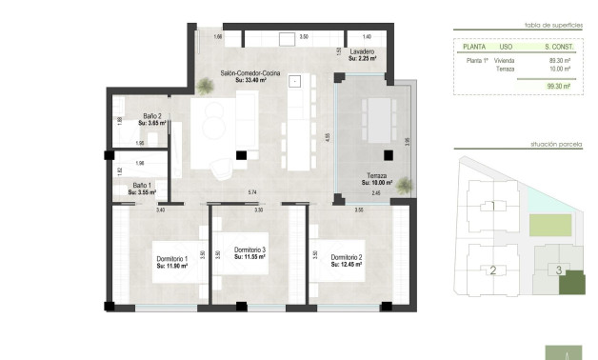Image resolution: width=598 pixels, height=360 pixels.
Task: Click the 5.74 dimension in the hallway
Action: pos(252,193)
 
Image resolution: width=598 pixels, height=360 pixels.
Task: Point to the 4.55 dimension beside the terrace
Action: pos(329,136)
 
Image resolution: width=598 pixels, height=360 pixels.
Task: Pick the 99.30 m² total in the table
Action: pos(558,86)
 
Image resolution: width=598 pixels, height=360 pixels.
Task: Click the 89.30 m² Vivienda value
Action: pos(558,60)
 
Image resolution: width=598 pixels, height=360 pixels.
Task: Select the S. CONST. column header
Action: pos(558,46)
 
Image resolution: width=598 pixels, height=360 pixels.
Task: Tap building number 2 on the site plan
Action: pos(493,270)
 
